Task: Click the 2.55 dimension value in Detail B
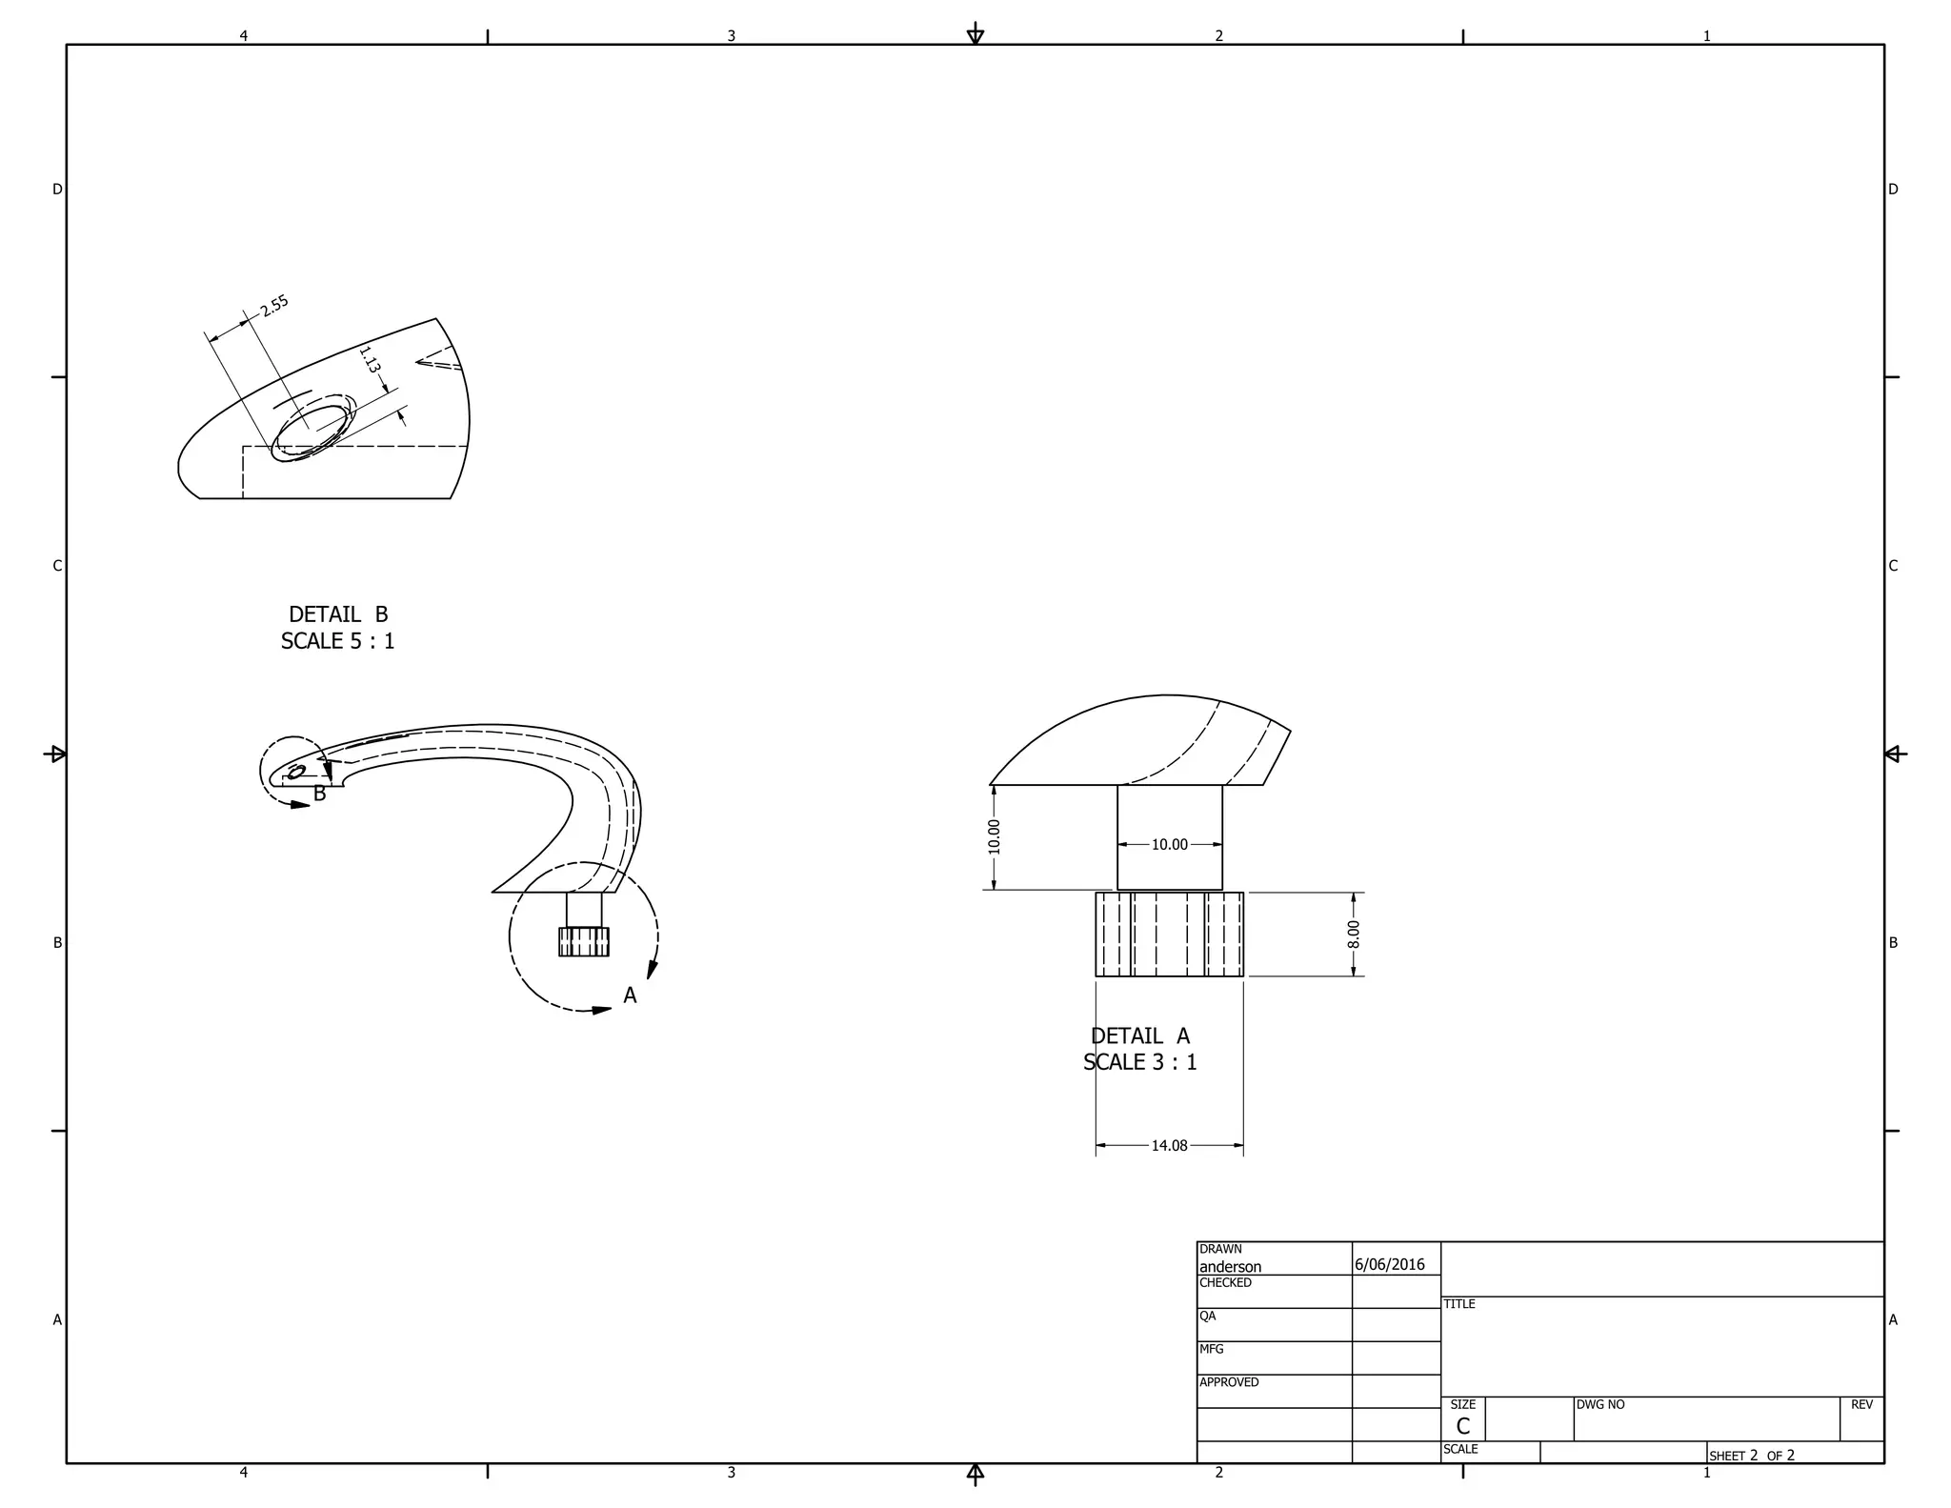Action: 274,306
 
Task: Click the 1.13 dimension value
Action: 370,360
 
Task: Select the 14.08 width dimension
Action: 1169,1145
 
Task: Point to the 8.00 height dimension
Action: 1353,934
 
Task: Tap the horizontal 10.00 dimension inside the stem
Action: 1169,844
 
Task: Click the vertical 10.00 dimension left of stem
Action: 994,836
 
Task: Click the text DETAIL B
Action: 338,614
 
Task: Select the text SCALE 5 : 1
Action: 337,641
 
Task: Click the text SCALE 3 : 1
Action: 1139,1062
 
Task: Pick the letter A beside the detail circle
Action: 630,995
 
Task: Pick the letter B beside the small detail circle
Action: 320,794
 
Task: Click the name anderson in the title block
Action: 1230,1267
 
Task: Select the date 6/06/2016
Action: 1389,1264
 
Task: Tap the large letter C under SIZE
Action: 1462,1426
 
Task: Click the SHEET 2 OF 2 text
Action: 1751,1456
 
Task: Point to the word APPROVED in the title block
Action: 1229,1382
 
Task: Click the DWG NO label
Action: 1600,1404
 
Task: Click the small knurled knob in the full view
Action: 583,941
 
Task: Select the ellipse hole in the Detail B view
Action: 312,432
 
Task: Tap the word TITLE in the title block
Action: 1458,1304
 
